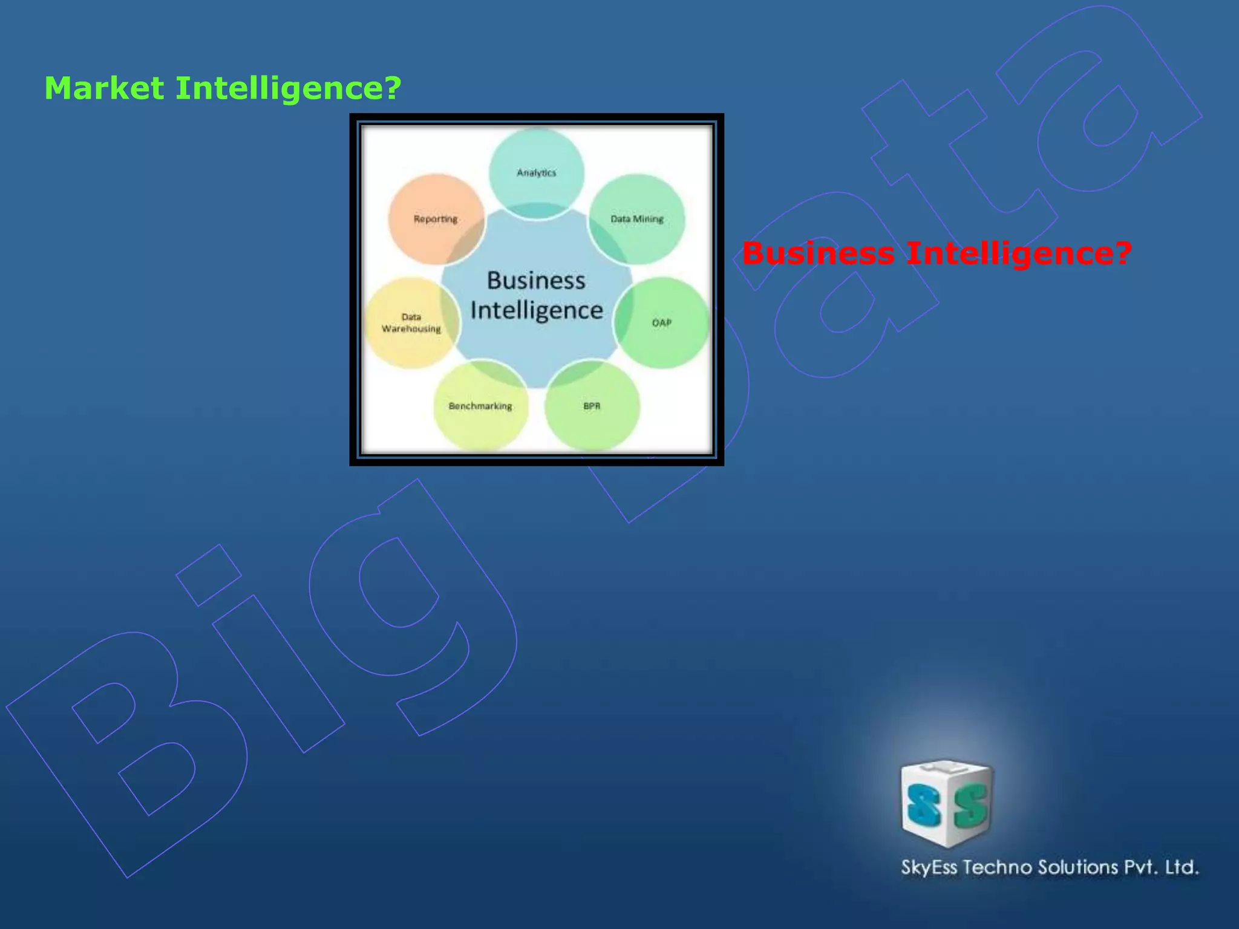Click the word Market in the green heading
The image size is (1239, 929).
(x=104, y=88)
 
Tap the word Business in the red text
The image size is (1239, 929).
(x=818, y=253)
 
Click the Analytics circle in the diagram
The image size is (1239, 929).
(x=536, y=172)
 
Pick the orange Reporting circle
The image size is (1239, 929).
(x=435, y=218)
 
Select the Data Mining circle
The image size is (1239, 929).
(x=637, y=218)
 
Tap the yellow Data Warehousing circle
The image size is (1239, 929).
(x=411, y=322)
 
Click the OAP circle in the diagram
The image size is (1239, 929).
(x=662, y=322)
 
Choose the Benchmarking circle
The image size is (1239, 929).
(x=480, y=406)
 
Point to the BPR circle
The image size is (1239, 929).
(x=592, y=406)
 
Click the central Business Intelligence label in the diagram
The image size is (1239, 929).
(x=536, y=295)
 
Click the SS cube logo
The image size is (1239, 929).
(x=946, y=803)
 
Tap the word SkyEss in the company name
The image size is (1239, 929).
(x=929, y=867)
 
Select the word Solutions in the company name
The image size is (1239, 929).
(x=1078, y=867)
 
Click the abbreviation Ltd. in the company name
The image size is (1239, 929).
(x=1182, y=867)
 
